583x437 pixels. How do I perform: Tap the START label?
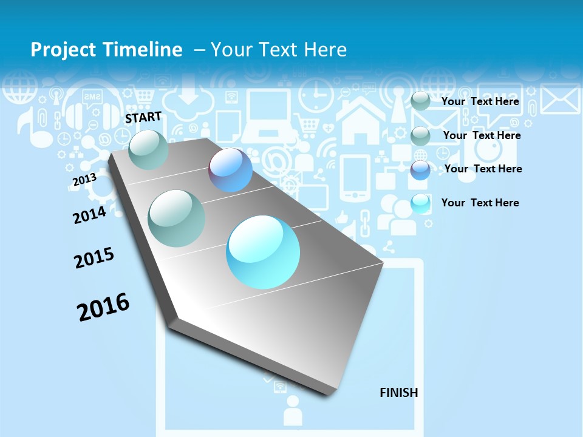coord(143,117)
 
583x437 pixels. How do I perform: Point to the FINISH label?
coord(399,393)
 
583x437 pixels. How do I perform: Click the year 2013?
coord(84,180)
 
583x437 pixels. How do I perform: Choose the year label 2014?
coord(89,214)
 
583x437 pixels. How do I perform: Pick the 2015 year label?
coord(94,258)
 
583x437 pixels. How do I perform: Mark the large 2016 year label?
coord(103,307)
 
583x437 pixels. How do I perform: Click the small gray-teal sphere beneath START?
coord(148,149)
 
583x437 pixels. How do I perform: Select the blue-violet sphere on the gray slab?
coord(230,170)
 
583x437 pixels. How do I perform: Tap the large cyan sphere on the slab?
coord(263,252)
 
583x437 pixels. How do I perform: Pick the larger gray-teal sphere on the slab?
coord(176,218)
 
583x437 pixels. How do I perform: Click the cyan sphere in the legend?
coord(420,203)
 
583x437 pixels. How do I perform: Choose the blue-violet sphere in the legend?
coord(420,170)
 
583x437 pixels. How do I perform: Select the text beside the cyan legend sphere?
coord(480,203)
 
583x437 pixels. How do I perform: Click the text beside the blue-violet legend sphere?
coord(483,169)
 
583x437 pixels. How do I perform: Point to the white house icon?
coord(360,119)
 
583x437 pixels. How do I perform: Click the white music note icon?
coord(27,128)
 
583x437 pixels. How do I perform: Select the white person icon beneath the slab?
coord(293,411)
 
